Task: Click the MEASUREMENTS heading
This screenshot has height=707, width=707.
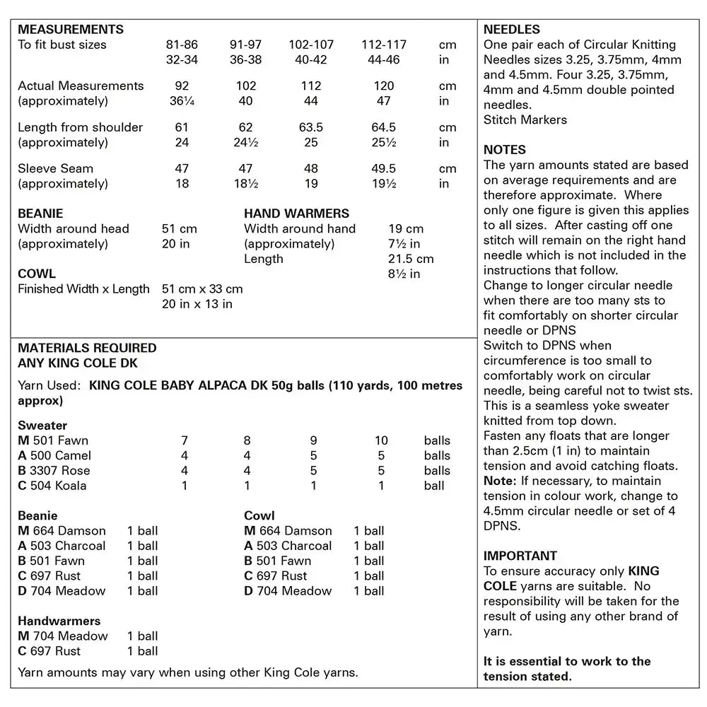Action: pyautogui.click(x=71, y=30)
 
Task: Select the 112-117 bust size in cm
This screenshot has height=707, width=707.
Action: pyautogui.click(x=384, y=45)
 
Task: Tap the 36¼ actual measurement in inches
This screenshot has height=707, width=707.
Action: pyautogui.click(x=181, y=101)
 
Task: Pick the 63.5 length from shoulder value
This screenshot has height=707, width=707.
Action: pyautogui.click(x=311, y=128)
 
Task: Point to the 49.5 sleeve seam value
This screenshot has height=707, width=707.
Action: pyautogui.click(x=384, y=169)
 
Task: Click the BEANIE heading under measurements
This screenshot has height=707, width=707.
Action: pyautogui.click(x=40, y=214)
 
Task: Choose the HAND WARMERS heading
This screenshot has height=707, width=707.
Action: pyautogui.click(x=296, y=214)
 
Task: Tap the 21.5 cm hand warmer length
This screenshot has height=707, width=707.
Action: pyautogui.click(x=411, y=259)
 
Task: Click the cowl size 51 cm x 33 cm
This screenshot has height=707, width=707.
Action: pyautogui.click(x=202, y=288)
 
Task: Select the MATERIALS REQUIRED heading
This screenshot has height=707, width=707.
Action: pyautogui.click(x=87, y=348)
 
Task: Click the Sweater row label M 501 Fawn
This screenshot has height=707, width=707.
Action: pyautogui.click(x=53, y=440)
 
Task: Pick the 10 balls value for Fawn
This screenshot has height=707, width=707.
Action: pyautogui.click(x=381, y=440)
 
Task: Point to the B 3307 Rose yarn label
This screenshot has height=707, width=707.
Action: pyautogui.click(x=54, y=470)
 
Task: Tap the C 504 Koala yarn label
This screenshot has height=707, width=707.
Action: pyautogui.click(x=52, y=486)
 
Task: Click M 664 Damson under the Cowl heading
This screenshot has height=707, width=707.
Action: pyautogui.click(x=288, y=531)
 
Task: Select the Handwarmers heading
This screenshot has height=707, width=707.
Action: pyautogui.click(x=59, y=621)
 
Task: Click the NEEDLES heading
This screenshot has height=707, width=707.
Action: pyautogui.click(x=512, y=30)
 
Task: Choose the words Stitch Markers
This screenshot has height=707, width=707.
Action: pyautogui.click(x=525, y=119)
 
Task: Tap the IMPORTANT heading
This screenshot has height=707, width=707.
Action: pyautogui.click(x=520, y=556)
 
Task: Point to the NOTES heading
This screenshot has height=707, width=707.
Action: pyautogui.click(x=505, y=150)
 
